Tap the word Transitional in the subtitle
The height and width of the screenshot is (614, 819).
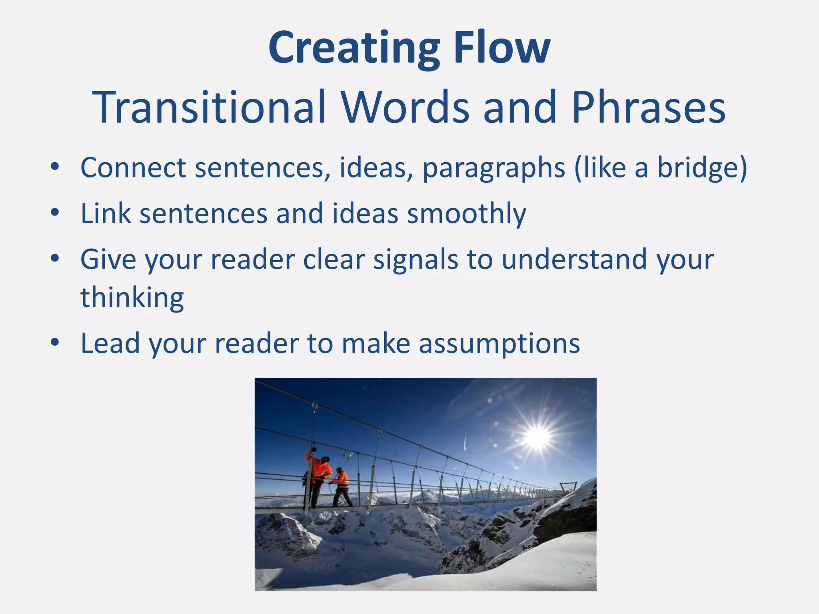pos(209,107)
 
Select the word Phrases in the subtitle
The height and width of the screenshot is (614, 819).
pos(648,107)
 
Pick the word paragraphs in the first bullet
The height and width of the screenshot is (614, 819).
pos(493,168)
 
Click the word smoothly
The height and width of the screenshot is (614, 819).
pos(466,213)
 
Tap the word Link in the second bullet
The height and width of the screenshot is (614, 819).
pos(106,213)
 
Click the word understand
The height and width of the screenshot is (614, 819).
pos(574,259)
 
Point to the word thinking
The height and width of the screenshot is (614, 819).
pos(132,298)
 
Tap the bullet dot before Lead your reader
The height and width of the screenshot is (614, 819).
pos(55,343)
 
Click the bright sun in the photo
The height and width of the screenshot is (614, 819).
pos(537,437)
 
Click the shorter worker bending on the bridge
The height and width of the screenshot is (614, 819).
pos(341,486)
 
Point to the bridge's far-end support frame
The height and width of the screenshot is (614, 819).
pos(568,488)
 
